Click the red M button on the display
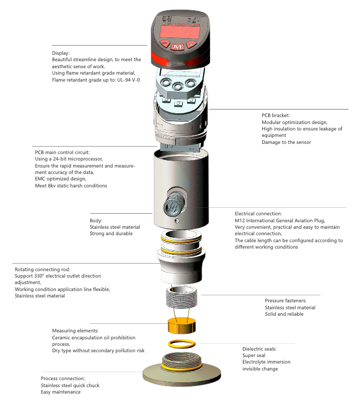point(177,47)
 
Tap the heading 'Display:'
point(61,53)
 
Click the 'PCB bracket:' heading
point(276,115)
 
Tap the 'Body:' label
point(97,220)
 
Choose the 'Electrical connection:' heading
point(258,214)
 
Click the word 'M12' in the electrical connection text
point(241,221)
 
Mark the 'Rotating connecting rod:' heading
point(42,269)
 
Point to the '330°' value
point(47,276)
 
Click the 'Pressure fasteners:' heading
point(285,301)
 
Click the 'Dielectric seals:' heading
point(259,348)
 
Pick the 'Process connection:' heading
point(63,379)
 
